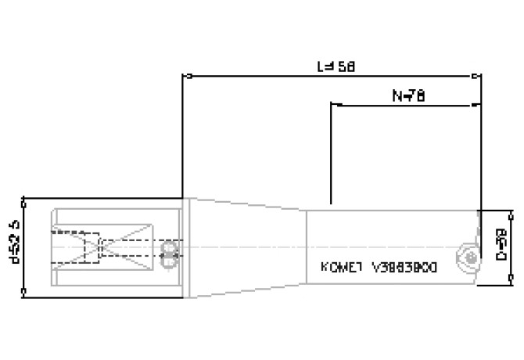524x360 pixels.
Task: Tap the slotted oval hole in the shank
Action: [x=167, y=250]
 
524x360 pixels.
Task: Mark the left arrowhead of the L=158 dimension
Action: [x=185, y=77]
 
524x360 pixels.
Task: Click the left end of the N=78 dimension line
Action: [x=333, y=104]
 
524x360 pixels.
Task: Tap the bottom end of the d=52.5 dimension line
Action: [x=25, y=293]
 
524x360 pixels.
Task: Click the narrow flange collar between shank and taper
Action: [x=187, y=247]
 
